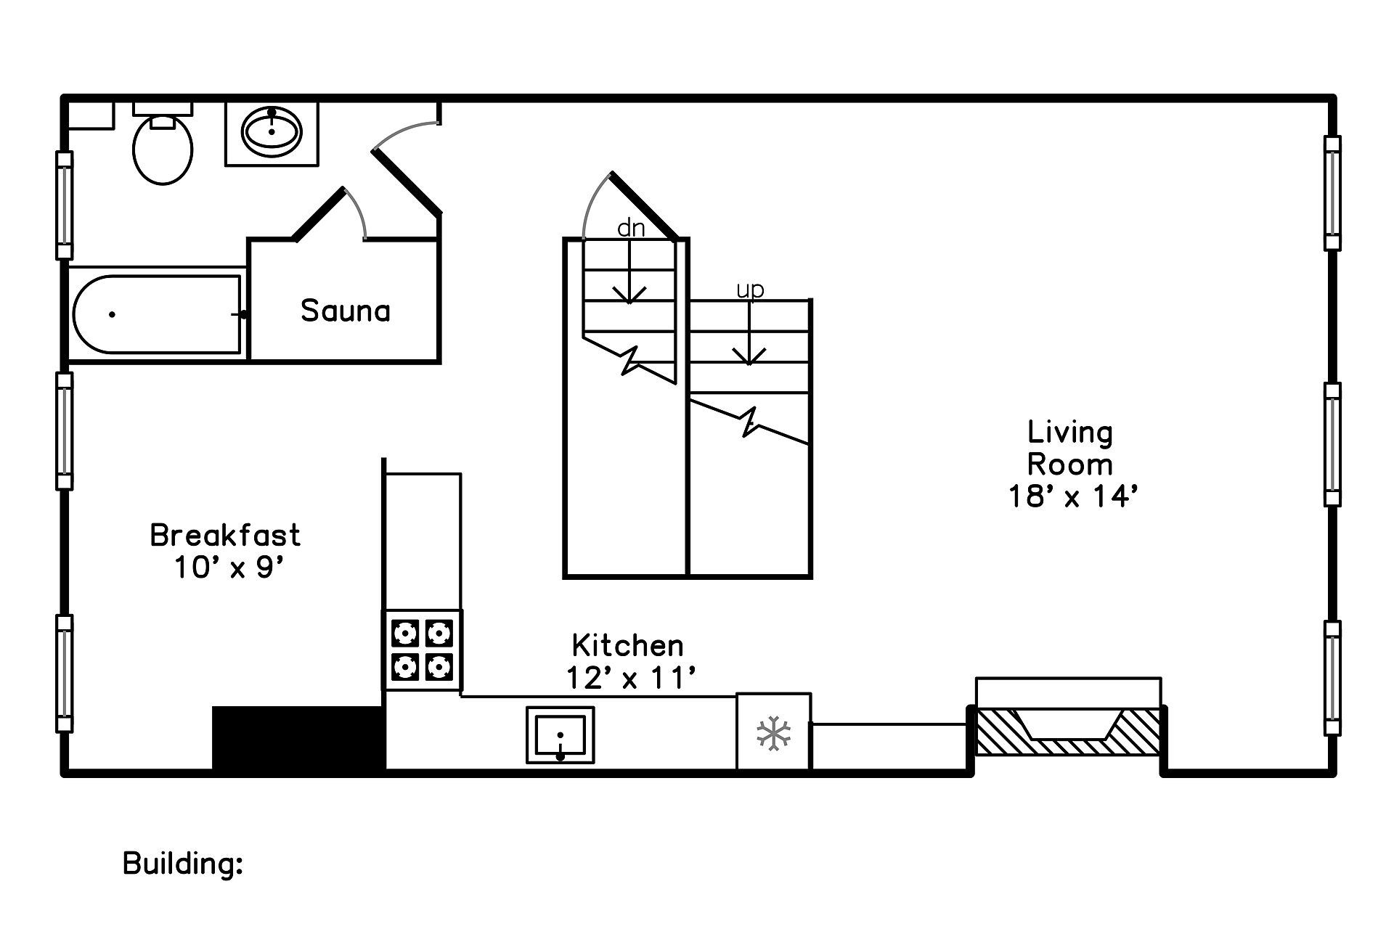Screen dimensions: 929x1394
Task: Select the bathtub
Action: [x=157, y=314]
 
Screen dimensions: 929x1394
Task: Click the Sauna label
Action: [x=346, y=311]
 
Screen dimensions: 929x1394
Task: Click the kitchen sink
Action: [x=560, y=735]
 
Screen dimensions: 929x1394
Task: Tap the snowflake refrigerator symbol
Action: [x=773, y=733]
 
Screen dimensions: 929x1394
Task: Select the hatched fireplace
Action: [x=1068, y=732]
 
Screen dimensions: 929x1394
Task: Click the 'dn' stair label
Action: [x=630, y=229]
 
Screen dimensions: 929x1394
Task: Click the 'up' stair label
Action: [x=750, y=290]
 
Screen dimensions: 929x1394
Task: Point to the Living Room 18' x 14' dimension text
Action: [x=1072, y=497]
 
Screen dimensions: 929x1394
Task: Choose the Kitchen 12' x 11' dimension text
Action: [x=630, y=679]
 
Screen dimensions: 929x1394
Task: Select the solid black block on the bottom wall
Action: [x=298, y=737]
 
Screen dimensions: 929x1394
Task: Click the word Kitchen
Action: [x=627, y=645]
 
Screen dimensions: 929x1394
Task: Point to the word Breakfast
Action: [x=225, y=536]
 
